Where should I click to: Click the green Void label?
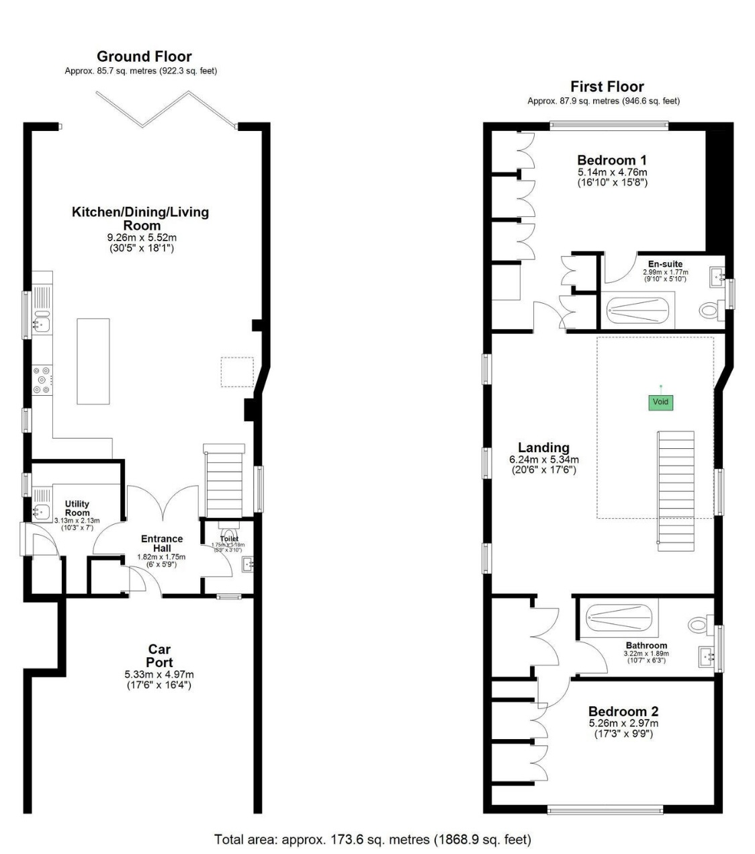pos(660,402)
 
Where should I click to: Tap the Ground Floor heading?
pos(144,56)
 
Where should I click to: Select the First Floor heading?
pos(607,87)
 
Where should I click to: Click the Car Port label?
pos(159,655)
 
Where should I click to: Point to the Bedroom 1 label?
pos(611,160)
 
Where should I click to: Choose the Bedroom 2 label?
pos(623,712)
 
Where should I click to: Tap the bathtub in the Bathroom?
pos(619,617)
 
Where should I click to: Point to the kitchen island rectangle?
pos(93,361)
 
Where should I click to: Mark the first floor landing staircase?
pos(674,487)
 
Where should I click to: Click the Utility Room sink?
pos(42,513)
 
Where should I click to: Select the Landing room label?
pos(543,447)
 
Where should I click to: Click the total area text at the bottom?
pos(372,839)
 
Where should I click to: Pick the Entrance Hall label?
pos(161,543)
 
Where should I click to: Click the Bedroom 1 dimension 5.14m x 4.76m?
pos(611,173)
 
